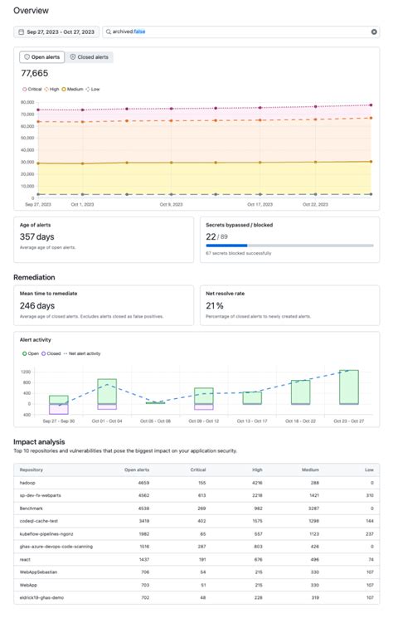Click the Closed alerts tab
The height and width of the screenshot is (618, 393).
[90, 57]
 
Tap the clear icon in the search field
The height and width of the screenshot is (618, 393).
[374, 32]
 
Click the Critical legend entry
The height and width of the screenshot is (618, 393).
[34, 88]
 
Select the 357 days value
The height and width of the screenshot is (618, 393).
[37, 236]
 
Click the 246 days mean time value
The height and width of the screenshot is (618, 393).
[38, 305]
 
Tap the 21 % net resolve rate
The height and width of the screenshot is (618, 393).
[216, 305]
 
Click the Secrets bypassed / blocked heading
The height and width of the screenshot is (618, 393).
[239, 224]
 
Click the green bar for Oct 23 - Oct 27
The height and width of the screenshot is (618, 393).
[348, 387]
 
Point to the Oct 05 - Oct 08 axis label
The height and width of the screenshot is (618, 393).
[155, 421]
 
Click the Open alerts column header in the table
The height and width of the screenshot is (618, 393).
[136, 470]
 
